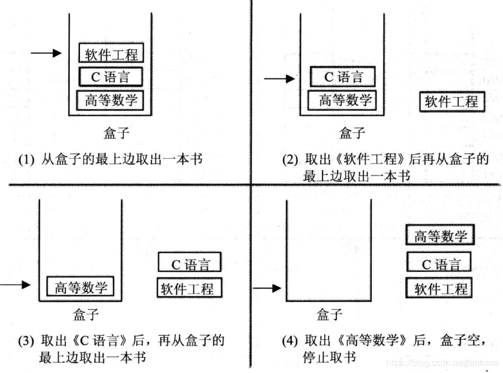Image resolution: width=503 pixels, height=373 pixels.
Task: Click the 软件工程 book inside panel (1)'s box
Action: point(111,54)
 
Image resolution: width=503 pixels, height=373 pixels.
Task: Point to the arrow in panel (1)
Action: point(45,53)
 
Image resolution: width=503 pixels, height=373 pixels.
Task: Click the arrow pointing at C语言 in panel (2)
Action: point(279,79)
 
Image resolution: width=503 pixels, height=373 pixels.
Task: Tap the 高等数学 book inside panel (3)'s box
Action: point(80,287)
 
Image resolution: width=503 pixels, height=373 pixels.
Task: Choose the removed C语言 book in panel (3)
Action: point(190,262)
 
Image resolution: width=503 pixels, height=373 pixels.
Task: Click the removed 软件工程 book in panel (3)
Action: point(189,288)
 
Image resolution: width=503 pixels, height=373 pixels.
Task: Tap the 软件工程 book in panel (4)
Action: point(439,289)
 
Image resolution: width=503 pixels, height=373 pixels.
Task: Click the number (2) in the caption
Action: point(291,160)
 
